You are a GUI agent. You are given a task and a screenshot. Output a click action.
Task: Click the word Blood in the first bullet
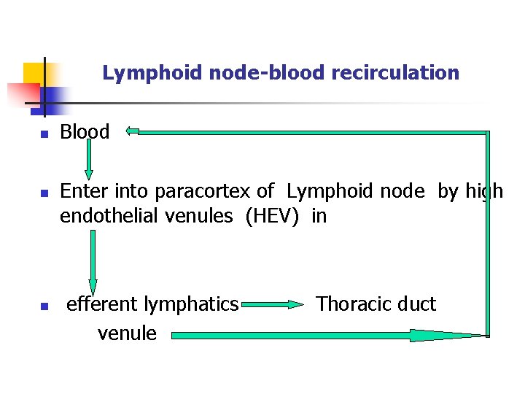(x=85, y=132)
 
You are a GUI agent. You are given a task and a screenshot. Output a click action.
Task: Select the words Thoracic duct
(x=376, y=304)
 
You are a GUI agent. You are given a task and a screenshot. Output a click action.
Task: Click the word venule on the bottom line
(x=127, y=333)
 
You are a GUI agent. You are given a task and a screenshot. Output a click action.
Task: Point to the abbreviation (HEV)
(x=271, y=216)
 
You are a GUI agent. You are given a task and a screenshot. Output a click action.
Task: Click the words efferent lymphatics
(x=152, y=304)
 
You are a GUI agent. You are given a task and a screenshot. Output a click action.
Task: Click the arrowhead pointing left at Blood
(x=132, y=131)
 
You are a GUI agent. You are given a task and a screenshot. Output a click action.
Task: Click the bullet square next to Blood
(x=43, y=134)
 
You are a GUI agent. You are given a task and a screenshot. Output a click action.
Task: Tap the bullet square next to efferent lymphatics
(x=43, y=306)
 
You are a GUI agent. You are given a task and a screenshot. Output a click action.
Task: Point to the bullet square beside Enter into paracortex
(x=43, y=193)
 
